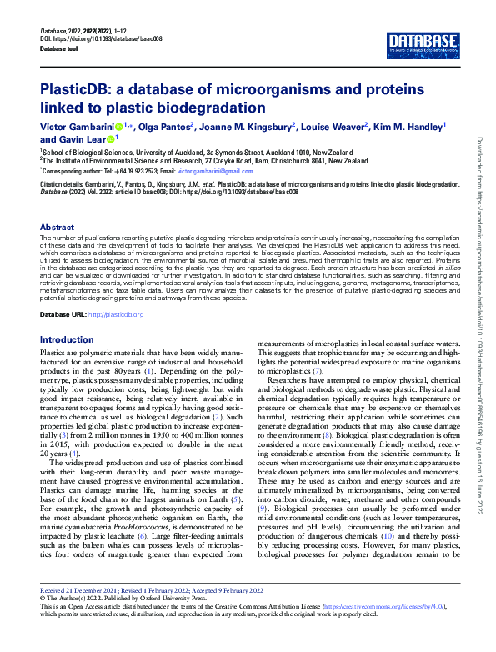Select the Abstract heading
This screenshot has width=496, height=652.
tap(58, 227)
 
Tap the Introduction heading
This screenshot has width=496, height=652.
tap(68, 340)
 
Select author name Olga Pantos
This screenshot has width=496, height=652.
tap(166, 126)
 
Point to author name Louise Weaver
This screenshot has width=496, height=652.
tap(338, 126)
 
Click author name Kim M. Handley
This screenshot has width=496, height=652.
tap(408, 126)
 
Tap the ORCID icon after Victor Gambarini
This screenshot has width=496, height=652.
tap(119, 127)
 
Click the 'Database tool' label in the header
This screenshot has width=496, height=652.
tap(64, 48)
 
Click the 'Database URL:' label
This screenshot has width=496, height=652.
tap(63, 314)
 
